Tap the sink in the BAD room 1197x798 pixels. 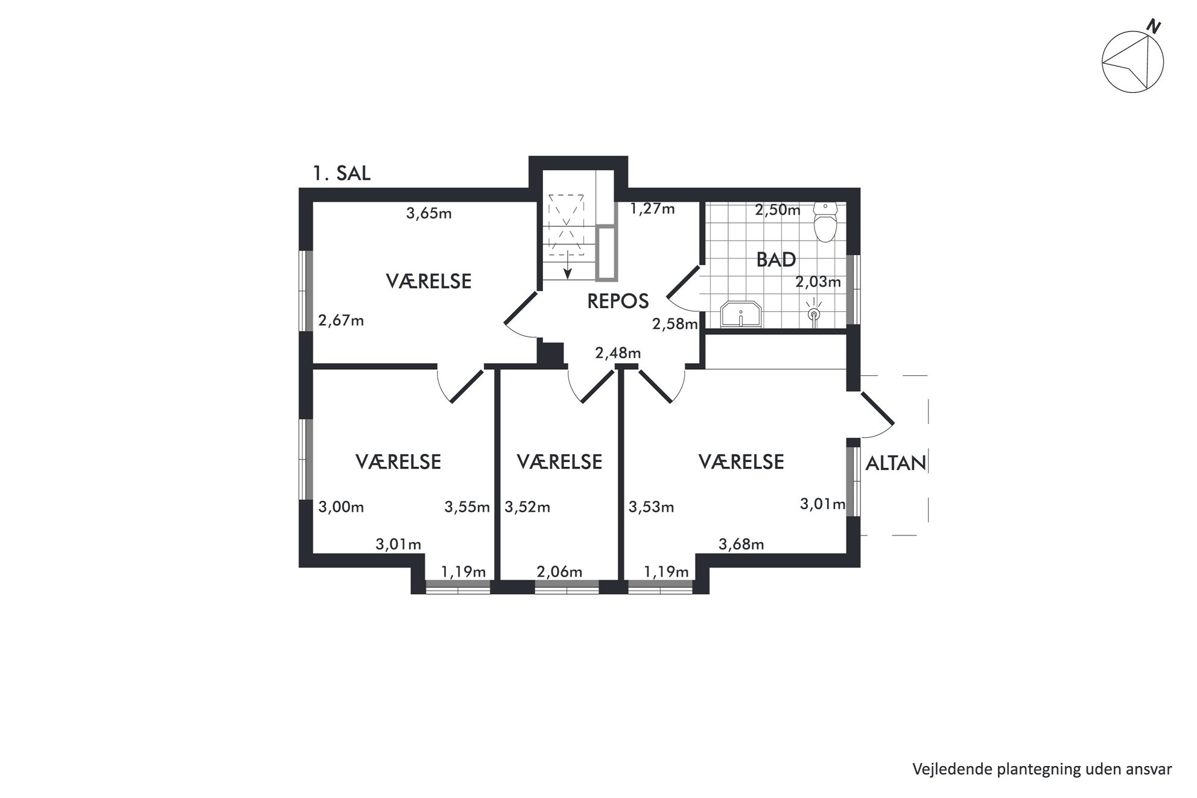point(741,314)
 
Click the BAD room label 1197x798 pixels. point(776,260)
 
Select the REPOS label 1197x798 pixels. point(618,301)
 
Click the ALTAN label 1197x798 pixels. point(896,463)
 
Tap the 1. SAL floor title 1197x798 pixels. point(341,174)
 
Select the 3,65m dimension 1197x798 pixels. point(429,213)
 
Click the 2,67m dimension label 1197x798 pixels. point(341,320)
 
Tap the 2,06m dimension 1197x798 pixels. point(559,571)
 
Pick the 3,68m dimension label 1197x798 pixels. point(741,544)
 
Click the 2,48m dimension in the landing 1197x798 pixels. point(618,353)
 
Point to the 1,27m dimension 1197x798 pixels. point(652,209)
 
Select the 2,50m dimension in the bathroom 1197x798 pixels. point(778,210)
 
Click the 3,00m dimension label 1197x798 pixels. point(341,507)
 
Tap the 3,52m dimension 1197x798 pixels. point(527,507)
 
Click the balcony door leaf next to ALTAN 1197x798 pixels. point(877,408)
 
